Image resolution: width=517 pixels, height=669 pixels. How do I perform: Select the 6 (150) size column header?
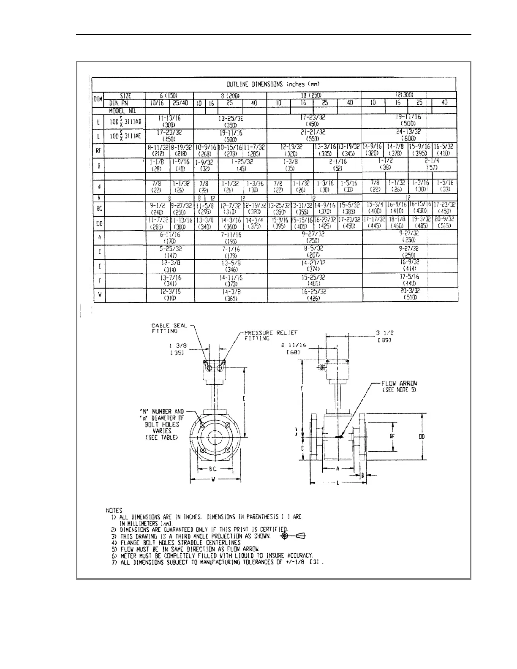pyautogui.click(x=169, y=96)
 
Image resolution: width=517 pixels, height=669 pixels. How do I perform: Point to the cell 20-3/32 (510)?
pyautogui.click(x=409, y=294)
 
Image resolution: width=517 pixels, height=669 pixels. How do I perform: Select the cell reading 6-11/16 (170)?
pyautogui.click(x=170, y=237)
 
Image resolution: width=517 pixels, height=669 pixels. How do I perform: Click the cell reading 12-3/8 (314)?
pyautogui.click(x=170, y=266)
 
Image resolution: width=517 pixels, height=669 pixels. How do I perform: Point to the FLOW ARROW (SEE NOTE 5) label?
pyautogui.click(x=399, y=386)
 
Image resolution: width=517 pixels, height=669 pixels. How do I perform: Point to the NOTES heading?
pyautogui.click(x=114, y=511)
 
